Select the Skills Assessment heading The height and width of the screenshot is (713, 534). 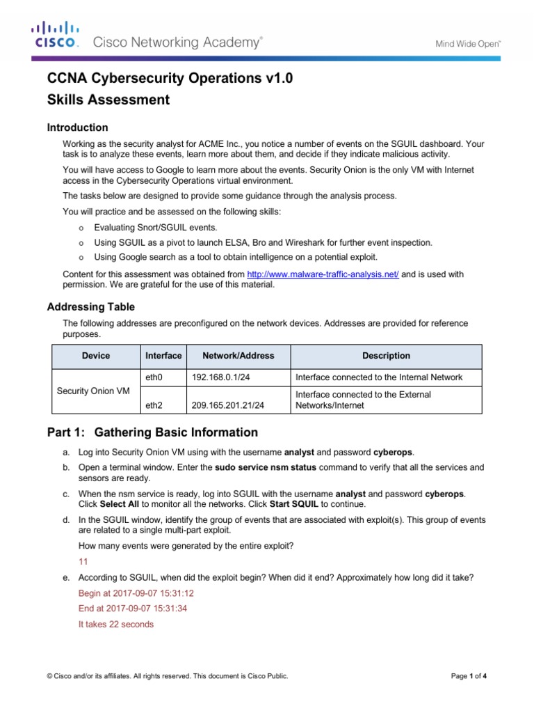[108, 100]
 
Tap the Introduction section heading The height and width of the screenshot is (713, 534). [77, 127]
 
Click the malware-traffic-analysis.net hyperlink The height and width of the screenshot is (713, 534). [323, 274]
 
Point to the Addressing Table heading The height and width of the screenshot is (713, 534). [90, 307]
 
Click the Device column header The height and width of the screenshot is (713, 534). [96, 356]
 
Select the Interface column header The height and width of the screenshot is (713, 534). [163, 356]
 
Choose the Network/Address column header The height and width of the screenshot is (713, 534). [238, 356]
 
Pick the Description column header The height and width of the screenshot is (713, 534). [386, 356]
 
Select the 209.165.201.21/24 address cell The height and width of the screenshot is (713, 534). [226, 405]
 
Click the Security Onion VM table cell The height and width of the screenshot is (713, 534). [92, 391]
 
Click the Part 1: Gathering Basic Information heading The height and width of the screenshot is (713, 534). [152, 432]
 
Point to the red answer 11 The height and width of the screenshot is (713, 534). [83, 561]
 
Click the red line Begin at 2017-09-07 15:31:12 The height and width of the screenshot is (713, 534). [136, 593]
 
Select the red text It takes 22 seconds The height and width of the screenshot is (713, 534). [116, 625]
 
